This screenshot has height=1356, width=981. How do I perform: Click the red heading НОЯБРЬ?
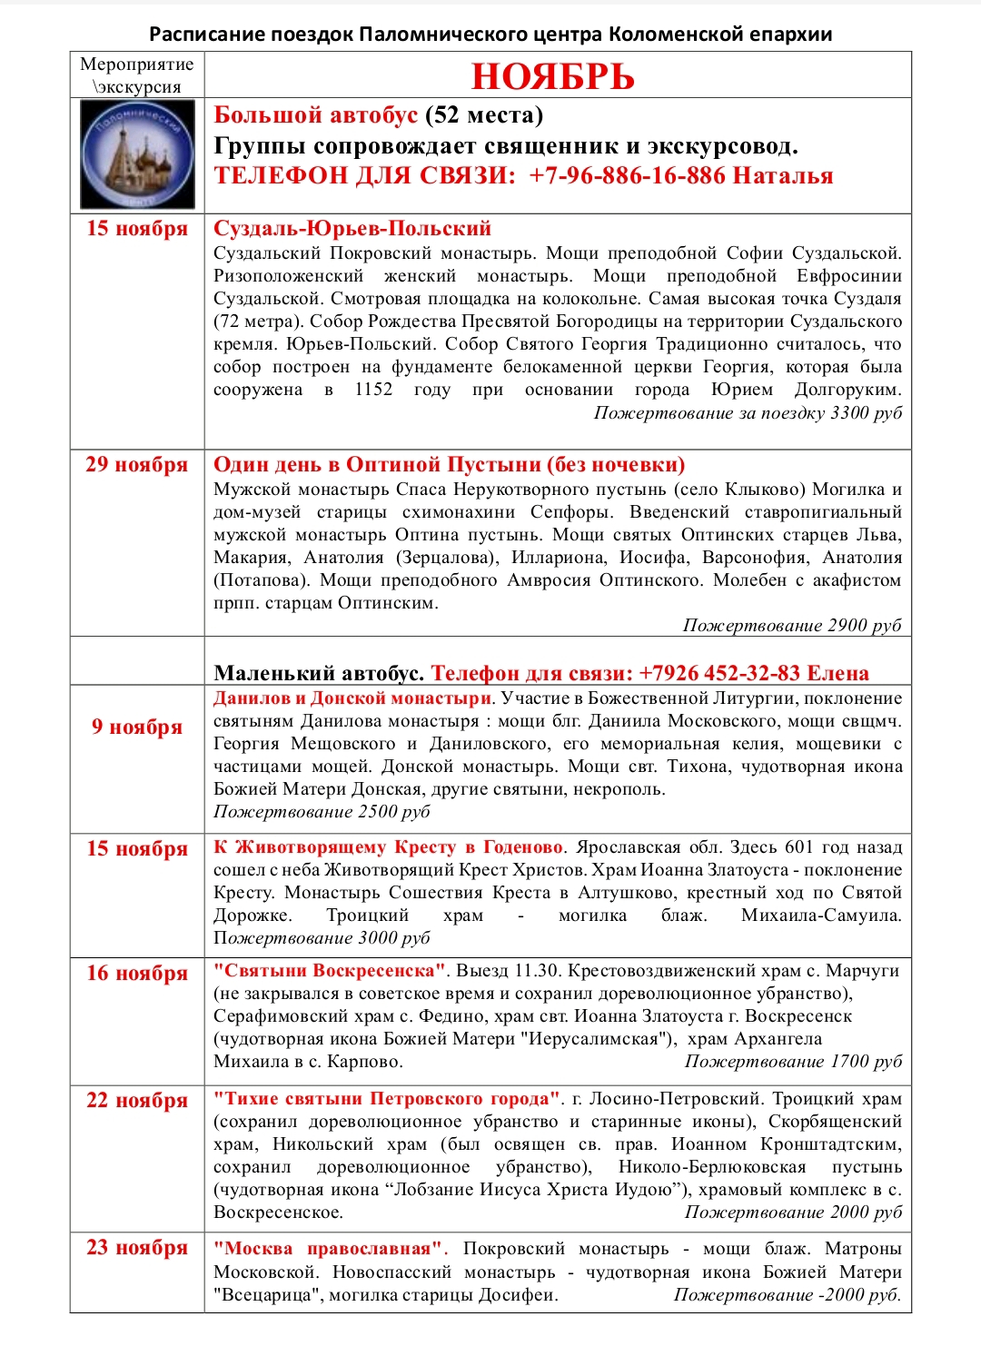point(552,76)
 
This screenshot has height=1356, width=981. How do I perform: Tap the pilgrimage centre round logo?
point(137,154)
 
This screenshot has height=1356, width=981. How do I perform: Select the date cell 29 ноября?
point(137,465)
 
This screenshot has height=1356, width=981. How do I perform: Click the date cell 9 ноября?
point(137,727)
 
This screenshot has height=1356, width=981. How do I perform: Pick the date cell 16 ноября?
point(137,974)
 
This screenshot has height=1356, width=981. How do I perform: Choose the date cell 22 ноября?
point(137,1101)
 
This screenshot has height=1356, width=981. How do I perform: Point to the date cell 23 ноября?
point(137,1248)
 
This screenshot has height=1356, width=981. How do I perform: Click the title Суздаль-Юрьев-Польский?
point(352,229)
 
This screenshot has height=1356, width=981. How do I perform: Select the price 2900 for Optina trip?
point(847,626)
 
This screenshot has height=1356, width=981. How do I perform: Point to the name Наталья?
point(783,176)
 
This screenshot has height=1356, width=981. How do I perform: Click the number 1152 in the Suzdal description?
point(373,390)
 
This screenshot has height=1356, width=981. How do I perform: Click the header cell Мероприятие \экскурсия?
point(137,75)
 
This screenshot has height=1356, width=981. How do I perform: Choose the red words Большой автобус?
point(315,115)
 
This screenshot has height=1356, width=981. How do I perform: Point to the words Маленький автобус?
point(319,674)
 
